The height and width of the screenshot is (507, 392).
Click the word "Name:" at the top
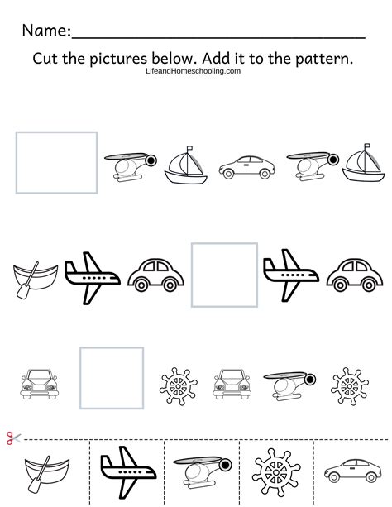click(x=46, y=31)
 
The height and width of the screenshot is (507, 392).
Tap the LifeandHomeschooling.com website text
click(x=192, y=71)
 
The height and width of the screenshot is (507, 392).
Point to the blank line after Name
click(x=218, y=35)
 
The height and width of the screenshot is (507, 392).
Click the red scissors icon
click(x=12, y=438)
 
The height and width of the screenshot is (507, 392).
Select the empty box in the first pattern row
click(x=56, y=162)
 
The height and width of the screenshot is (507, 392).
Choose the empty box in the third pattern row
click(x=112, y=378)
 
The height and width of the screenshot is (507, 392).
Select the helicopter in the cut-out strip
click(x=202, y=472)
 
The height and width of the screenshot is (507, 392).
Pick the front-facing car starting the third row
click(x=37, y=382)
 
